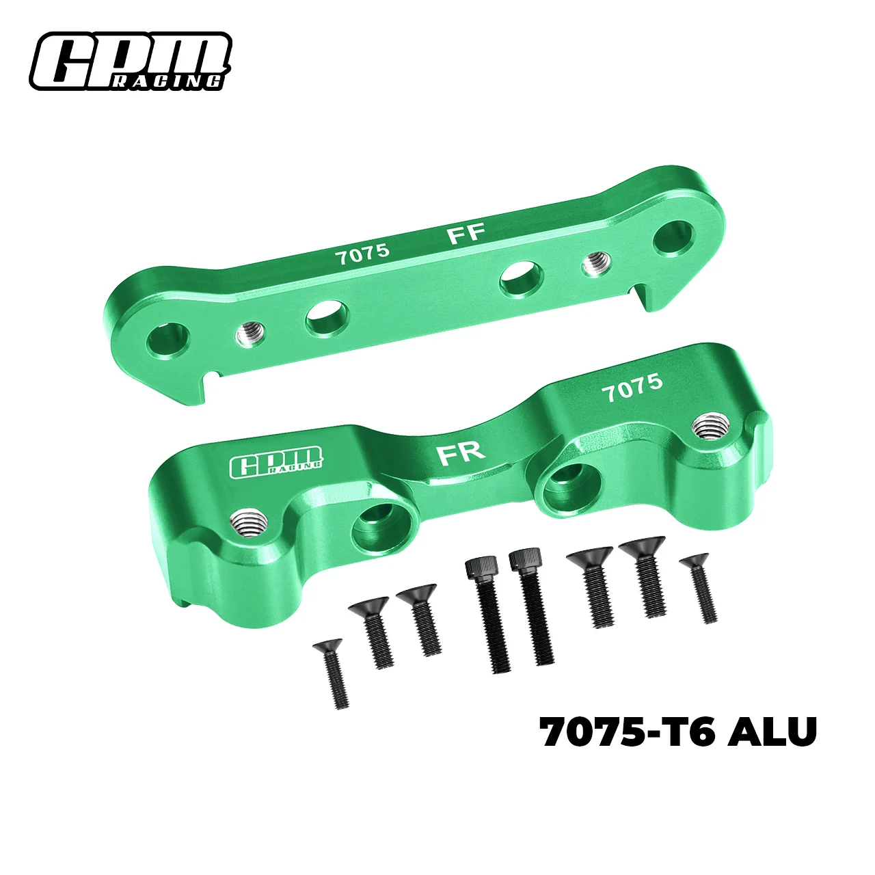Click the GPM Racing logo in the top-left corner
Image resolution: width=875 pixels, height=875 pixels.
tap(130, 62)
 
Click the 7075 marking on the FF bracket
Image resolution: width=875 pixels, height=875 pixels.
tap(362, 254)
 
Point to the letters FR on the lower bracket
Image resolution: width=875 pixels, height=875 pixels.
tap(461, 452)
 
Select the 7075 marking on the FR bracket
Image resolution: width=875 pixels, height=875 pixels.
tap(632, 388)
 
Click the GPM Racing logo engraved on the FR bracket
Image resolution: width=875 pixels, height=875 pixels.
tap(277, 461)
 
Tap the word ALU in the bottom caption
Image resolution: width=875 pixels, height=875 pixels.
tap(772, 732)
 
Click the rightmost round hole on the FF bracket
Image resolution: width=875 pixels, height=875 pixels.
tap(674, 237)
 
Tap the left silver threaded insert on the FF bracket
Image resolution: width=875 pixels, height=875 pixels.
tap(250, 334)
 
